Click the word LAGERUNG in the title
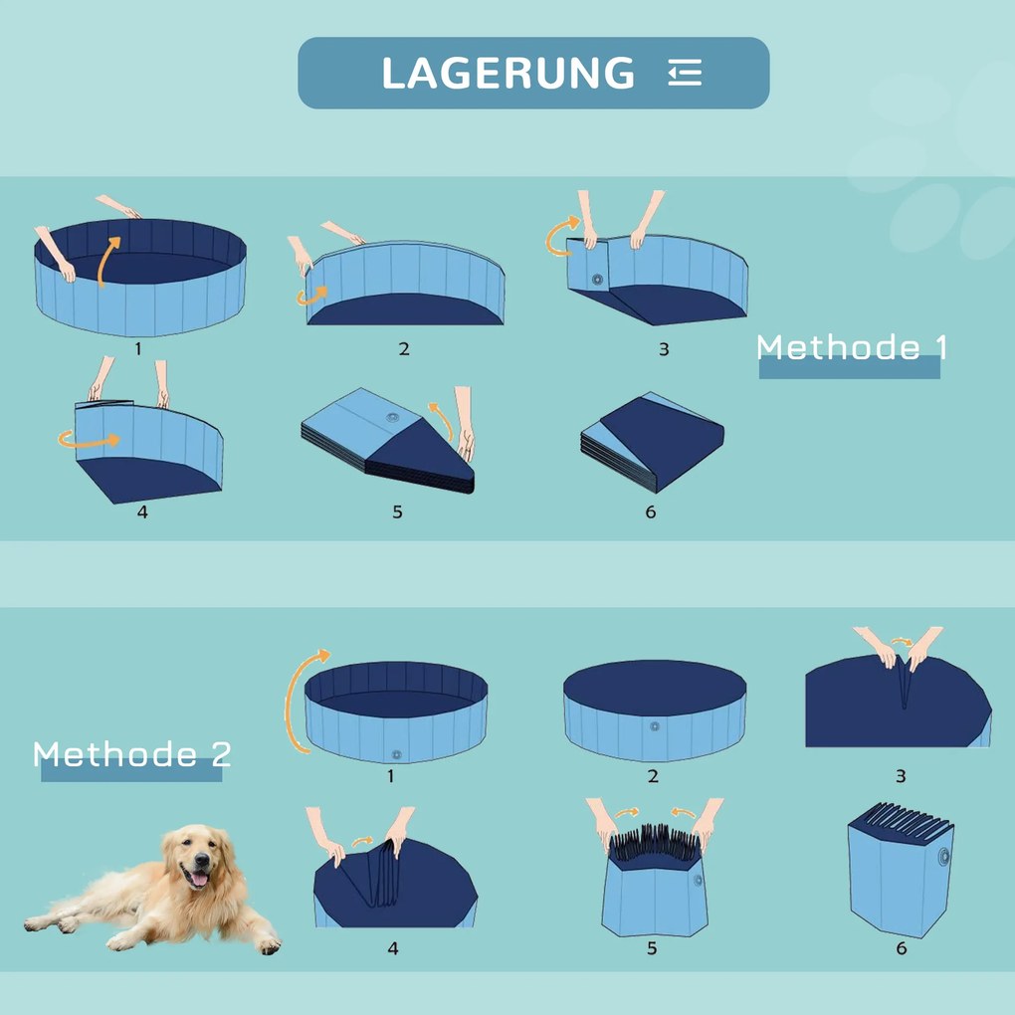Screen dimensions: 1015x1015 pyautogui.click(x=507, y=73)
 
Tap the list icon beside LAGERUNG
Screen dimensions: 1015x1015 pyautogui.click(x=685, y=73)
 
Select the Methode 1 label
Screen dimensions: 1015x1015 pyautogui.click(x=852, y=347)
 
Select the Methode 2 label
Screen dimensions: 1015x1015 pyautogui.click(x=132, y=754)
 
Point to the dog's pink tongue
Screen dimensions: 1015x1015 pyautogui.click(x=200, y=880)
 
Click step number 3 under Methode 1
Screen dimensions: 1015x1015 pyautogui.click(x=664, y=349)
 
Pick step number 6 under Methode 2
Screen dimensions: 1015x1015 pyautogui.click(x=902, y=948)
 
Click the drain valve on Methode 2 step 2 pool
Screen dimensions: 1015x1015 pyautogui.click(x=654, y=726)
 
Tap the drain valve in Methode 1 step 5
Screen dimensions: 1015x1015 pyautogui.click(x=393, y=418)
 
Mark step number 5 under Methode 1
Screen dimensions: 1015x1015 pyautogui.click(x=397, y=511)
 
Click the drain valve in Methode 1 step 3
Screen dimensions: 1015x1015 pyautogui.click(x=597, y=281)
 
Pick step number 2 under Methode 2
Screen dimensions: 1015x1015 pyautogui.click(x=653, y=776)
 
